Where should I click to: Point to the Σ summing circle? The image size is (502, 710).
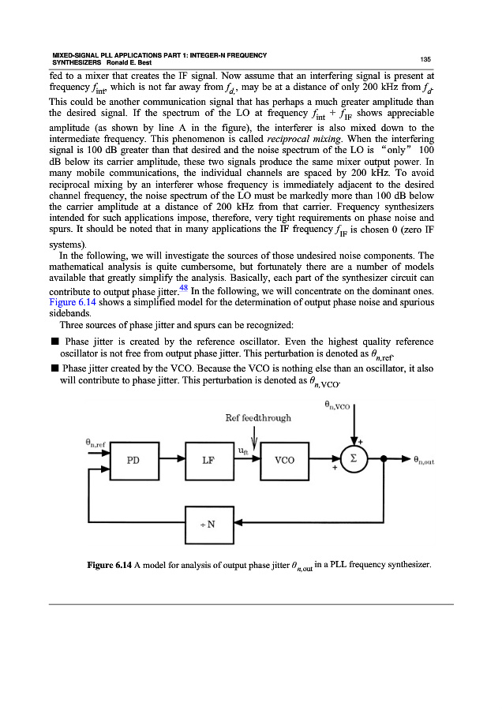point(354,458)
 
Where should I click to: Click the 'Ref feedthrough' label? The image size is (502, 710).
point(258,418)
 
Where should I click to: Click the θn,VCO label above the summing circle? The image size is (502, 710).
point(339,405)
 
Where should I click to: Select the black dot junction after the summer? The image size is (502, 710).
point(384,459)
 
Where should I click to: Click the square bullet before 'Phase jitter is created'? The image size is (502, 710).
point(54,342)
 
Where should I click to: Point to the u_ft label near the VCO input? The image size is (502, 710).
point(244,450)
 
